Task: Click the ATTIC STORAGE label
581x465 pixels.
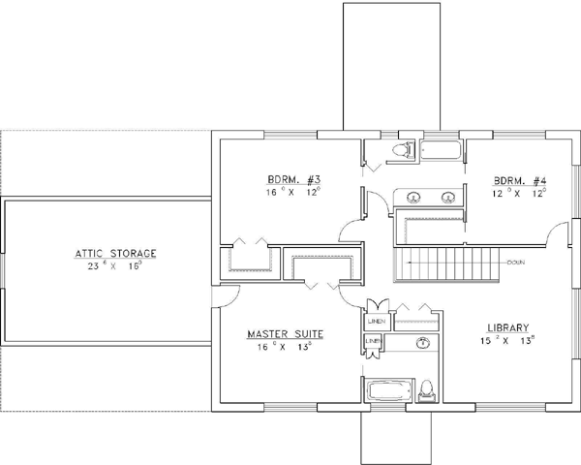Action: click(114, 253)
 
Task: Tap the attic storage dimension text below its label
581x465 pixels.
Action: click(114, 265)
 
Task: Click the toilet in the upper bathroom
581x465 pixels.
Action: click(405, 149)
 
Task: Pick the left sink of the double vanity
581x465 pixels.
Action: click(413, 198)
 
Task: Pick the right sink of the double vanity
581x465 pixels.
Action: click(447, 198)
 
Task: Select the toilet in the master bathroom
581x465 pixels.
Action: click(426, 392)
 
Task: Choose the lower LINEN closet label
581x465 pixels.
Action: click(372, 341)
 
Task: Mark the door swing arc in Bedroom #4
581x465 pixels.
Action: click(556, 232)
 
